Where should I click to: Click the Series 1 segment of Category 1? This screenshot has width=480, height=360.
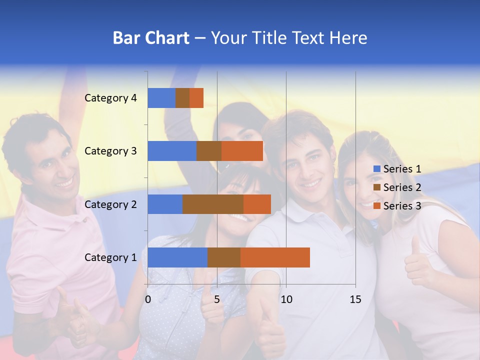pos(177,257)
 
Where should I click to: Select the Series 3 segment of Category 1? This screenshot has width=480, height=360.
pos(275,257)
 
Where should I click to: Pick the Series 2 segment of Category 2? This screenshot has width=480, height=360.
pos(213,204)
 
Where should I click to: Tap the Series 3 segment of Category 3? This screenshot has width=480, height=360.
pos(242,151)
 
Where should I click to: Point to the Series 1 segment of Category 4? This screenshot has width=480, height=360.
pos(161,98)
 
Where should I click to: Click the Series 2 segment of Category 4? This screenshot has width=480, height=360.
pos(182,98)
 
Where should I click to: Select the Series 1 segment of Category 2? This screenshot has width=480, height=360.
pos(165,204)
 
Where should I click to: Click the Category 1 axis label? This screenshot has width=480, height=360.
pos(110,257)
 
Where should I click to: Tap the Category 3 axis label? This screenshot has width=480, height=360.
pos(110,151)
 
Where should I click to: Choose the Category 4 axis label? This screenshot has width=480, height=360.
pos(110,98)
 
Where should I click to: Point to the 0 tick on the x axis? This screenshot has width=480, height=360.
pos(148,299)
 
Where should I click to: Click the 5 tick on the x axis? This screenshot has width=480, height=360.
pos(217,299)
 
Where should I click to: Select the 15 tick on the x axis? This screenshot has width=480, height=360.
pos(355,299)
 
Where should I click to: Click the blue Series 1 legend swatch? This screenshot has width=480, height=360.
pos(376,169)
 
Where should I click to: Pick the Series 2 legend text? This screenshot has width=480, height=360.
pos(402,187)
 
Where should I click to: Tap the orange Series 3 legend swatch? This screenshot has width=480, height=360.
pos(376,206)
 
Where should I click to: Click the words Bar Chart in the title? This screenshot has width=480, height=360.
pos(151,38)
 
